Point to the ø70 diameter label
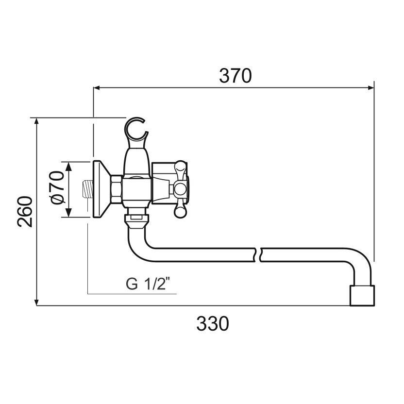(x=57, y=188)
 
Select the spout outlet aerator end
(x=362, y=295)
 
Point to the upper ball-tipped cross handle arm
(x=180, y=168)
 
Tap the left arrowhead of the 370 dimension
(x=96, y=88)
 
